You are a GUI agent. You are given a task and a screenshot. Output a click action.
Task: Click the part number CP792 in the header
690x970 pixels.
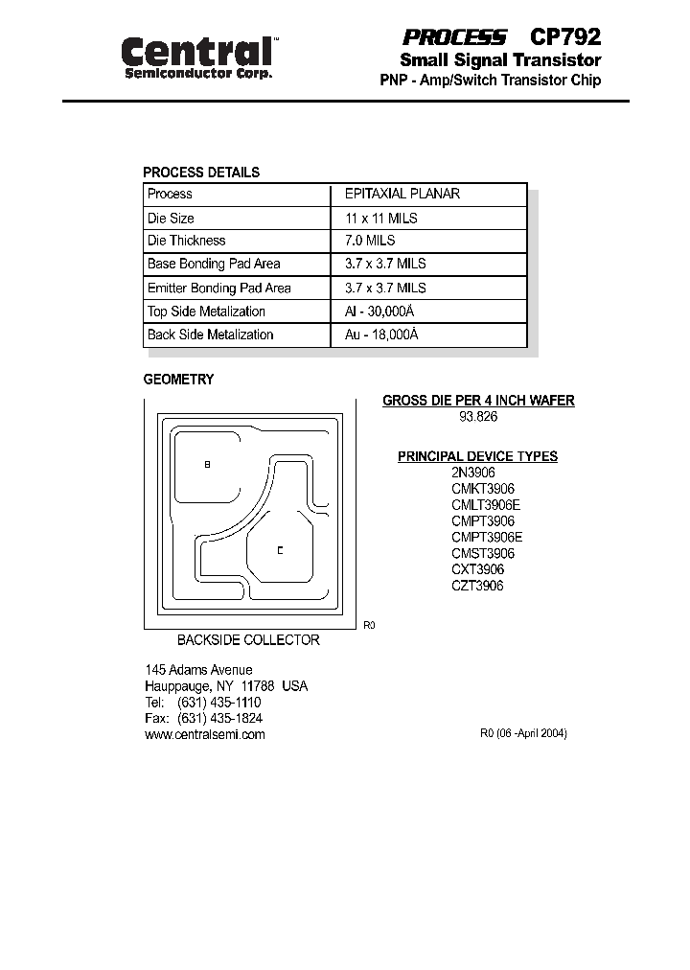(565, 37)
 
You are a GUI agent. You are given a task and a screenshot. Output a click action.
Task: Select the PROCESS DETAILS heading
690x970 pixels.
(201, 173)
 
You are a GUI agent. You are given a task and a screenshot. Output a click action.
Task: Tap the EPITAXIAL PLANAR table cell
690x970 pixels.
(402, 194)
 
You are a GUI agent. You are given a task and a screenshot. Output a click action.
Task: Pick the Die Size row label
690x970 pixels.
(171, 218)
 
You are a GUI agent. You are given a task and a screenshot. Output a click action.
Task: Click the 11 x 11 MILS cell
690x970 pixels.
(380, 218)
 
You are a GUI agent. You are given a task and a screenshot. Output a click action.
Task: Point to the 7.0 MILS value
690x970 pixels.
(369, 241)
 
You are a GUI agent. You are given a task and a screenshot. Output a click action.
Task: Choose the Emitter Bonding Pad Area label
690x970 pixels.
(218, 288)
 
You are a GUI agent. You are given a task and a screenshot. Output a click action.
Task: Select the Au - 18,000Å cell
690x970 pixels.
(381, 335)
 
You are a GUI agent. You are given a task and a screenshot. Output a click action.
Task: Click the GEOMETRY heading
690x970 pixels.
(178, 380)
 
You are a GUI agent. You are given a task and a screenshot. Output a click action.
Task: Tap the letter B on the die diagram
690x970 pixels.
(207, 464)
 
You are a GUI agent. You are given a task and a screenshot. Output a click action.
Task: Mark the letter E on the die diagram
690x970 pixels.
(280, 550)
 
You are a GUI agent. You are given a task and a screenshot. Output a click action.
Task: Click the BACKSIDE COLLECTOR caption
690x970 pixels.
(248, 639)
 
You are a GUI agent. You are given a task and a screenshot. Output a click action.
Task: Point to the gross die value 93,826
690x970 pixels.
(479, 417)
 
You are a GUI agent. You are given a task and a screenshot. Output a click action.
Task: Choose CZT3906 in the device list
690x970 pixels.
(477, 586)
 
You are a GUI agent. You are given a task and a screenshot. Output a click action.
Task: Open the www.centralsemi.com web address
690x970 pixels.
(204, 734)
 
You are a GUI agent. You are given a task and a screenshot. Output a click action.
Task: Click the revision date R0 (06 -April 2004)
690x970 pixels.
(523, 733)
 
